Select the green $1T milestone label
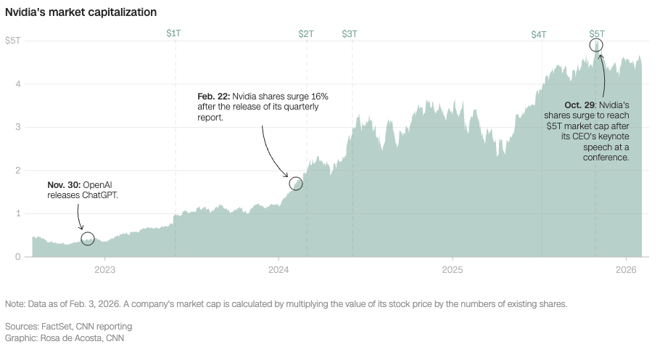174,33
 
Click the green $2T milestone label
306,33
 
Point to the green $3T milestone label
350,33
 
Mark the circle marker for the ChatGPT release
88,239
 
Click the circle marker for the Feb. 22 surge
295,184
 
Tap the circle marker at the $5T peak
596,46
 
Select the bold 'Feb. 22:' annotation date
213,97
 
